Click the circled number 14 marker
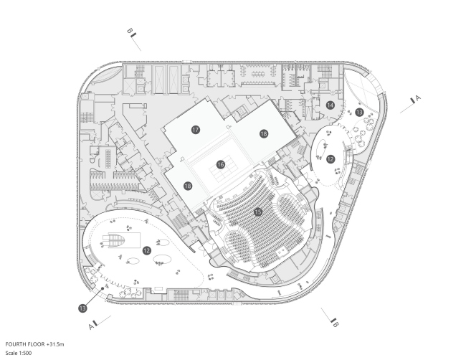point(330,105)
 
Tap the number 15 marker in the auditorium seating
point(258,212)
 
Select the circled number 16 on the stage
point(221,165)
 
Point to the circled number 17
point(195,130)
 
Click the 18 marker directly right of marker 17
point(264,134)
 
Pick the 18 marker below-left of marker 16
point(188,186)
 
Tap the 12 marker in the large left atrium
point(146,250)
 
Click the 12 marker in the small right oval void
point(331,159)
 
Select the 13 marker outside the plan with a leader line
point(82,308)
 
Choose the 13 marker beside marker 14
point(359,112)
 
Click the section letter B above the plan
point(129,31)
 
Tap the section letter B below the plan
point(336,323)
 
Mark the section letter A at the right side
point(418,98)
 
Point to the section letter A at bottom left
point(91,327)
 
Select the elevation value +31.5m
point(55,344)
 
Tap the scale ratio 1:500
point(25,353)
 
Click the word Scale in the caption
point(11,353)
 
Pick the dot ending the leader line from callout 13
point(103,288)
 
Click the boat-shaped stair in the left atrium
point(115,241)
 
